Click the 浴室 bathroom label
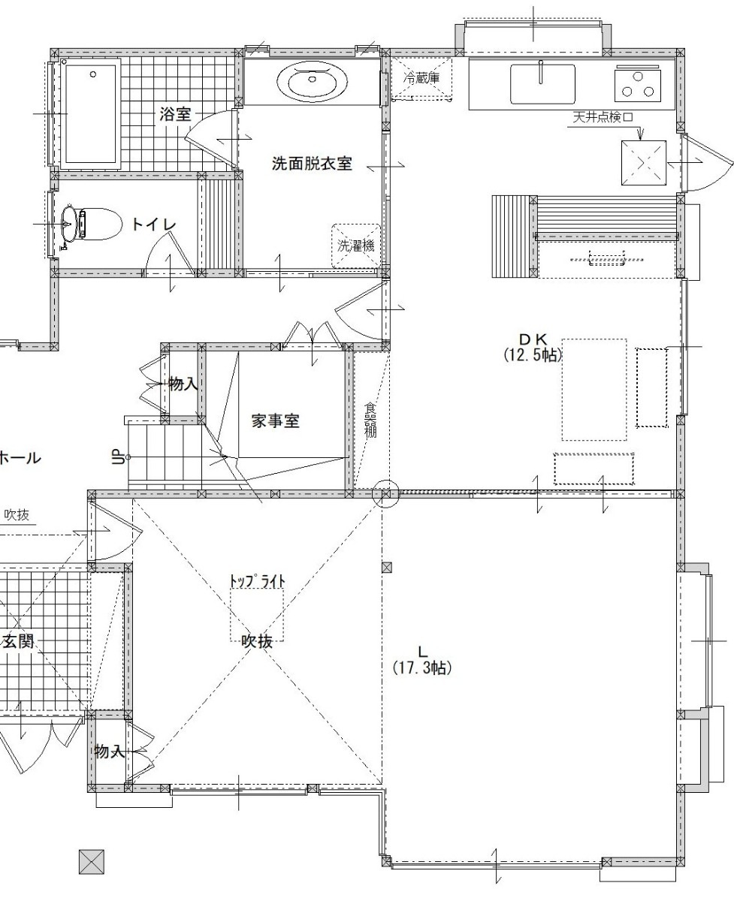point(175,114)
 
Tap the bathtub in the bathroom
point(89,114)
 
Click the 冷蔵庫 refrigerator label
point(421,78)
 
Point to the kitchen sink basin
point(542,84)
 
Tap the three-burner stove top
point(638,85)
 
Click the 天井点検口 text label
point(603,116)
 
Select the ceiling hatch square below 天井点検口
point(643,163)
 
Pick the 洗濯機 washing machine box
point(356,246)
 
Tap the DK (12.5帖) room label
point(533,347)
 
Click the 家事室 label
point(276,421)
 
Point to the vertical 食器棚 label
point(370,420)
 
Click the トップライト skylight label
point(258,581)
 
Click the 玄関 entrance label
point(19,641)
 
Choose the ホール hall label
point(20,458)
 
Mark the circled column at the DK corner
point(385,493)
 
